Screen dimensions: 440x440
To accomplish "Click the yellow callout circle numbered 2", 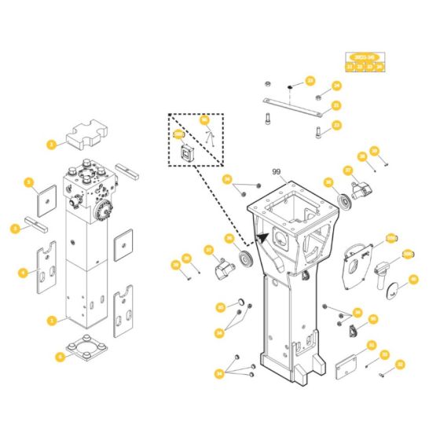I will pyautogui.click(x=51, y=145).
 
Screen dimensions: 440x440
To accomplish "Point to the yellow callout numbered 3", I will pyautogui.click(x=15, y=229).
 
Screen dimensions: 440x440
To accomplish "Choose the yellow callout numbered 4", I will pyautogui.click(x=23, y=273).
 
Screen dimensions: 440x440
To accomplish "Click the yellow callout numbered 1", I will pyautogui.click(x=51, y=321).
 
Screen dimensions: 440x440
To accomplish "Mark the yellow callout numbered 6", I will pyautogui.click(x=60, y=356).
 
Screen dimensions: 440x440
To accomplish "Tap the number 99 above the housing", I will pyautogui.click(x=275, y=172).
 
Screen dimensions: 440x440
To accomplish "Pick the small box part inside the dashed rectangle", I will pyautogui.click(x=187, y=153).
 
